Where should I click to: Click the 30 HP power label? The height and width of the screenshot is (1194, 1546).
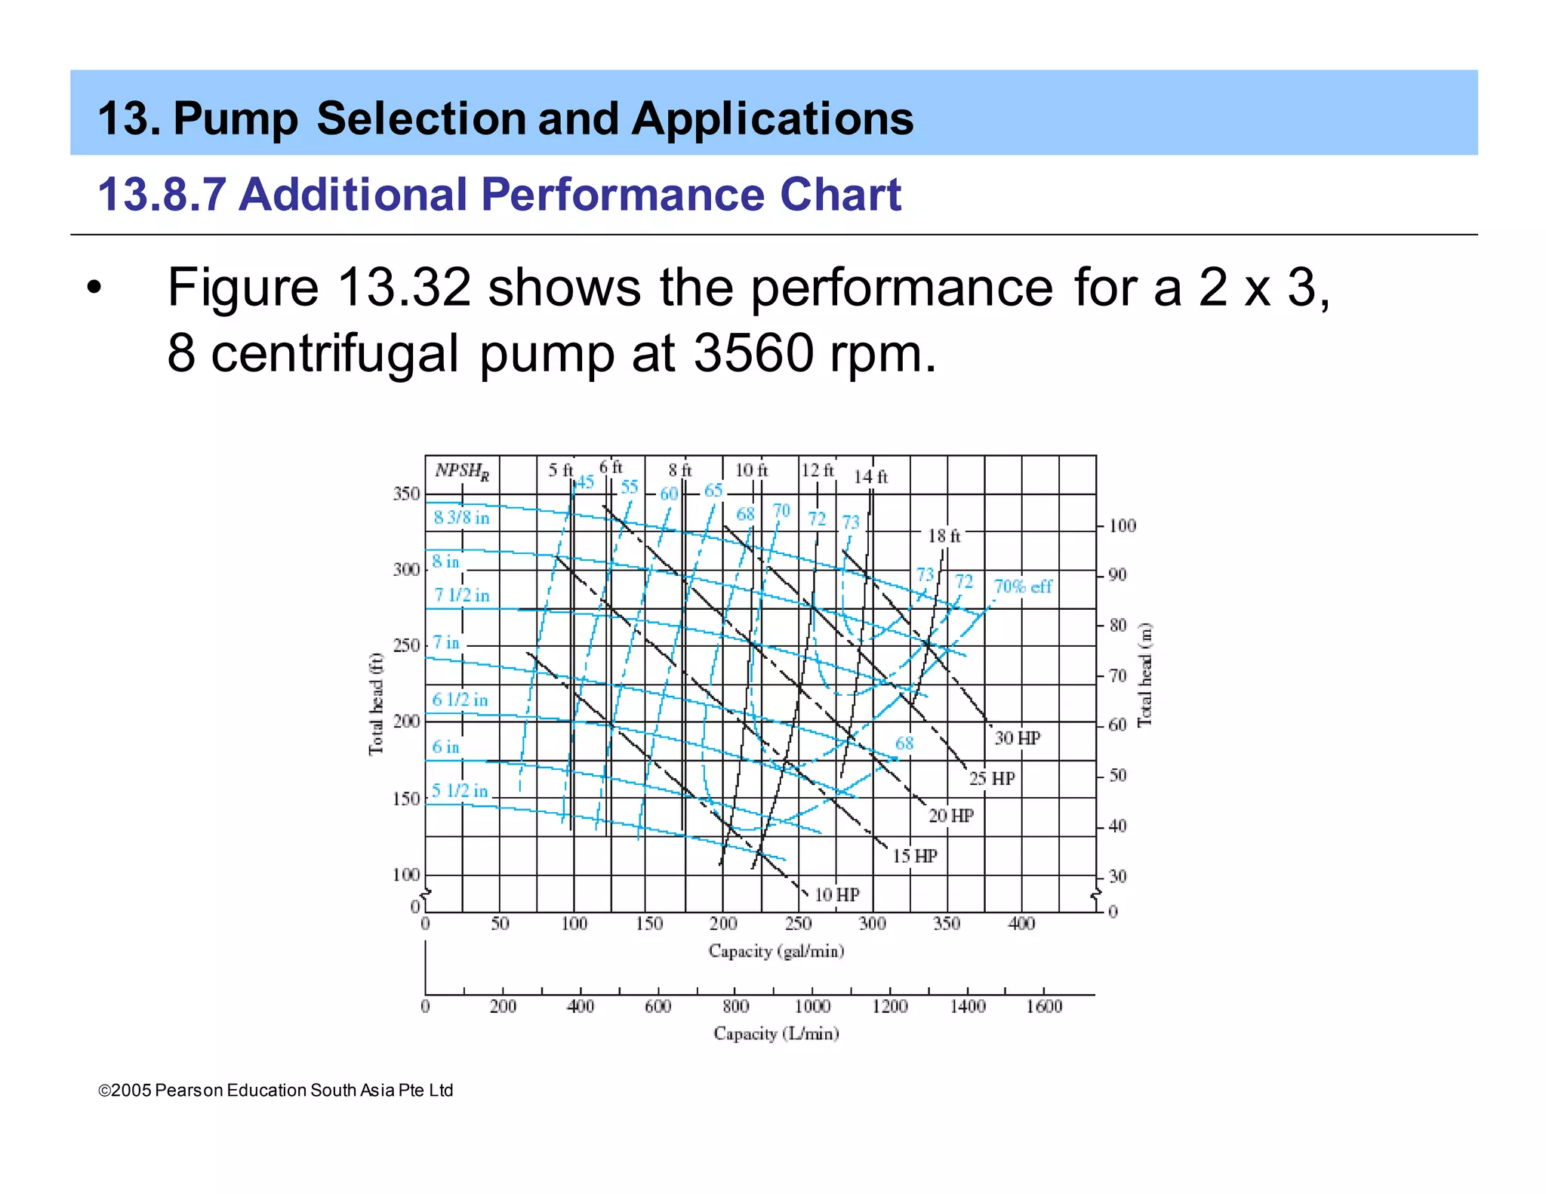(1017, 737)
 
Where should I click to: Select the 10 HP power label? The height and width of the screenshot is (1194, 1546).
(836, 894)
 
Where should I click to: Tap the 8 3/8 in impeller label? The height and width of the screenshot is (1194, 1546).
(461, 518)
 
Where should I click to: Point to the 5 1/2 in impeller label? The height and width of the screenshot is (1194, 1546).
(460, 790)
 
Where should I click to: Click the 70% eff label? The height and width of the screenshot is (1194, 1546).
(1023, 586)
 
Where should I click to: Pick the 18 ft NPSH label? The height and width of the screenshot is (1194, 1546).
(944, 536)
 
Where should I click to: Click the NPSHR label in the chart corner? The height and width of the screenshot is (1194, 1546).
(462, 471)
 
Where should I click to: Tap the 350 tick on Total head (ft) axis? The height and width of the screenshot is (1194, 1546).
(406, 494)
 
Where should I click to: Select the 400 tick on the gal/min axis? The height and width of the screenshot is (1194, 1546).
(1021, 923)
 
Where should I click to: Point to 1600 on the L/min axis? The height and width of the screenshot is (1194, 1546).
(1044, 1006)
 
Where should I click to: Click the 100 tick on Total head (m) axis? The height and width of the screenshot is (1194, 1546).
(1122, 526)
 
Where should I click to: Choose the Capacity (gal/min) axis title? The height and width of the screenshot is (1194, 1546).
(776, 951)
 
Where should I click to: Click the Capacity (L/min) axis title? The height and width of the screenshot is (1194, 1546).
(776, 1033)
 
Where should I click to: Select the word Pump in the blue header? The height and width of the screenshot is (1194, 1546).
(236, 119)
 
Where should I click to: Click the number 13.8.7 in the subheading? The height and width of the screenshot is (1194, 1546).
(162, 195)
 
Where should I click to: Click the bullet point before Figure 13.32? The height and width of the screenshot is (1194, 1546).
(93, 288)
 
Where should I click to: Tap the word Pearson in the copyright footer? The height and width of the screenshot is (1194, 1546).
(189, 1091)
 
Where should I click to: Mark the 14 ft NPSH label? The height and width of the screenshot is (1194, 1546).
(870, 477)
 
